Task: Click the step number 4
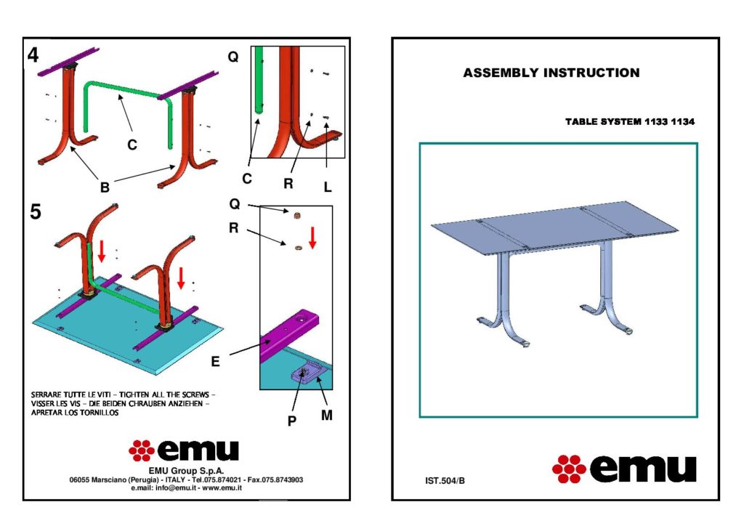pos(33,55)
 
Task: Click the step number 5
pos(35,211)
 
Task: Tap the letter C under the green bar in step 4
pos(132,145)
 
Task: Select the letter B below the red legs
pos(105,187)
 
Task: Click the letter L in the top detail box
pos(328,187)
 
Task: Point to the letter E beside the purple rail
pos(215,362)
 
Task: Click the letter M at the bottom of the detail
pos(326,416)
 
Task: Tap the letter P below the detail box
pos(292,421)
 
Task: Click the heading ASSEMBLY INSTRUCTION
pos(551,73)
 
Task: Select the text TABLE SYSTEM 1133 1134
pos(630,122)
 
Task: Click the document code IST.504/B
pos(445,480)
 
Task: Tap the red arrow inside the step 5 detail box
pos(312,238)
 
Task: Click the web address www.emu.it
pos(222,487)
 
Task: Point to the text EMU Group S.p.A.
pos(186,471)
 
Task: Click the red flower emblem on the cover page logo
pos(569,469)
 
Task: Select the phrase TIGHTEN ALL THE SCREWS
pos(163,394)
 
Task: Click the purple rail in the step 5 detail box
pos(290,334)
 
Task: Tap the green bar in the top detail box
pos(259,80)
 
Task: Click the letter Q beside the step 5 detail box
pos(235,204)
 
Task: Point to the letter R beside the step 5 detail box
pos(233,228)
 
